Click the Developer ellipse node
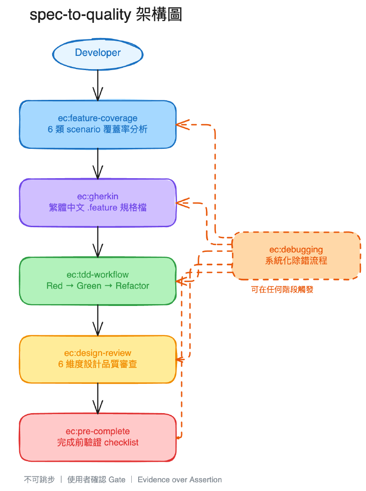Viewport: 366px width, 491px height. click(x=98, y=53)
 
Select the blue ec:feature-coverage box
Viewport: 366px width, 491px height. click(x=97, y=124)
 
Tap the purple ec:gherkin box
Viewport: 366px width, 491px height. click(x=97, y=202)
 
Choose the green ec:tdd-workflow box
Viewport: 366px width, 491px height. click(x=97, y=280)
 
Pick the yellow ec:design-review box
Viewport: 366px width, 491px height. click(x=97, y=359)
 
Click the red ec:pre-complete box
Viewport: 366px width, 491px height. click(x=97, y=437)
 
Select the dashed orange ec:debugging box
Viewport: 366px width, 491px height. click(x=296, y=256)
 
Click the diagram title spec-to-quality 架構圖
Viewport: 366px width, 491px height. click(x=106, y=15)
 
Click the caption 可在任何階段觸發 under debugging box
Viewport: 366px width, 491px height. click(x=282, y=289)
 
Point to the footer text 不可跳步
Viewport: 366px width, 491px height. click(x=39, y=480)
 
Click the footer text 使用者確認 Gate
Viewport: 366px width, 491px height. click(x=96, y=480)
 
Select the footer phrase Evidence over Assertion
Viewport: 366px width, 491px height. click(x=179, y=480)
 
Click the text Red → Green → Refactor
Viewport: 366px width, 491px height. click(x=97, y=286)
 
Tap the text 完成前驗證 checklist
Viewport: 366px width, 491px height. click(x=97, y=443)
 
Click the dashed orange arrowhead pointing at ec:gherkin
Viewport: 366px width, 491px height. click(x=182, y=202)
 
